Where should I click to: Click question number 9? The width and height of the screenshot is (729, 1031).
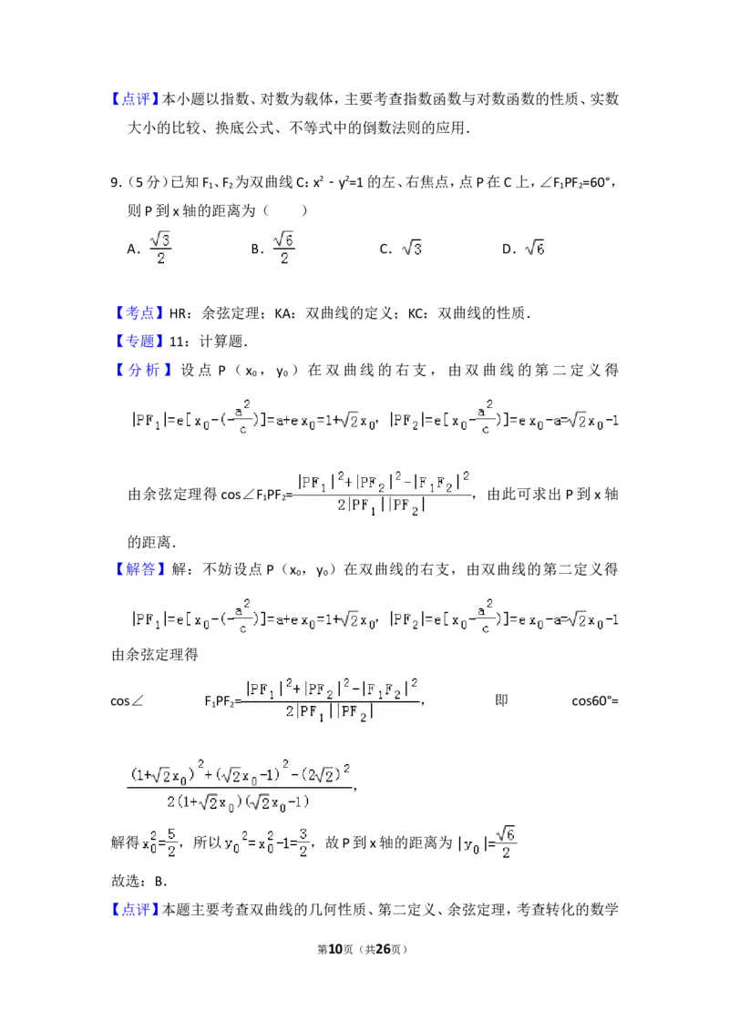(x=116, y=183)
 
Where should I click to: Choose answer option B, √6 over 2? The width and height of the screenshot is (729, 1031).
(x=272, y=248)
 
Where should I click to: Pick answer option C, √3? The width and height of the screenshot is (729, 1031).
(x=401, y=249)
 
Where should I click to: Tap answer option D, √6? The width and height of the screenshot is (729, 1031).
(x=523, y=249)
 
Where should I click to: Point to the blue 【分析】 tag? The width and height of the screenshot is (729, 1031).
(x=143, y=370)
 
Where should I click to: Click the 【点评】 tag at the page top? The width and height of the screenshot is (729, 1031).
(x=135, y=99)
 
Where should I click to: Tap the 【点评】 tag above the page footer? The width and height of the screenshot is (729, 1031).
(x=135, y=910)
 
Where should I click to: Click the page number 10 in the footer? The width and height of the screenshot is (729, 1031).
(x=335, y=949)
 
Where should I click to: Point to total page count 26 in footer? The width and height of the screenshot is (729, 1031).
(x=383, y=949)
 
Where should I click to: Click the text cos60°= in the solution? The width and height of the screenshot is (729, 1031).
(x=595, y=701)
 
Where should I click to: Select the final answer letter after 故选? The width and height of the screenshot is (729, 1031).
(x=160, y=882)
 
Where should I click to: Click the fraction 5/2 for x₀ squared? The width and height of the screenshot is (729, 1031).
(x=171, y=842)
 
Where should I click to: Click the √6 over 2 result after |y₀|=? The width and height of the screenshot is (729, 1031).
(x=506, y=842)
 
